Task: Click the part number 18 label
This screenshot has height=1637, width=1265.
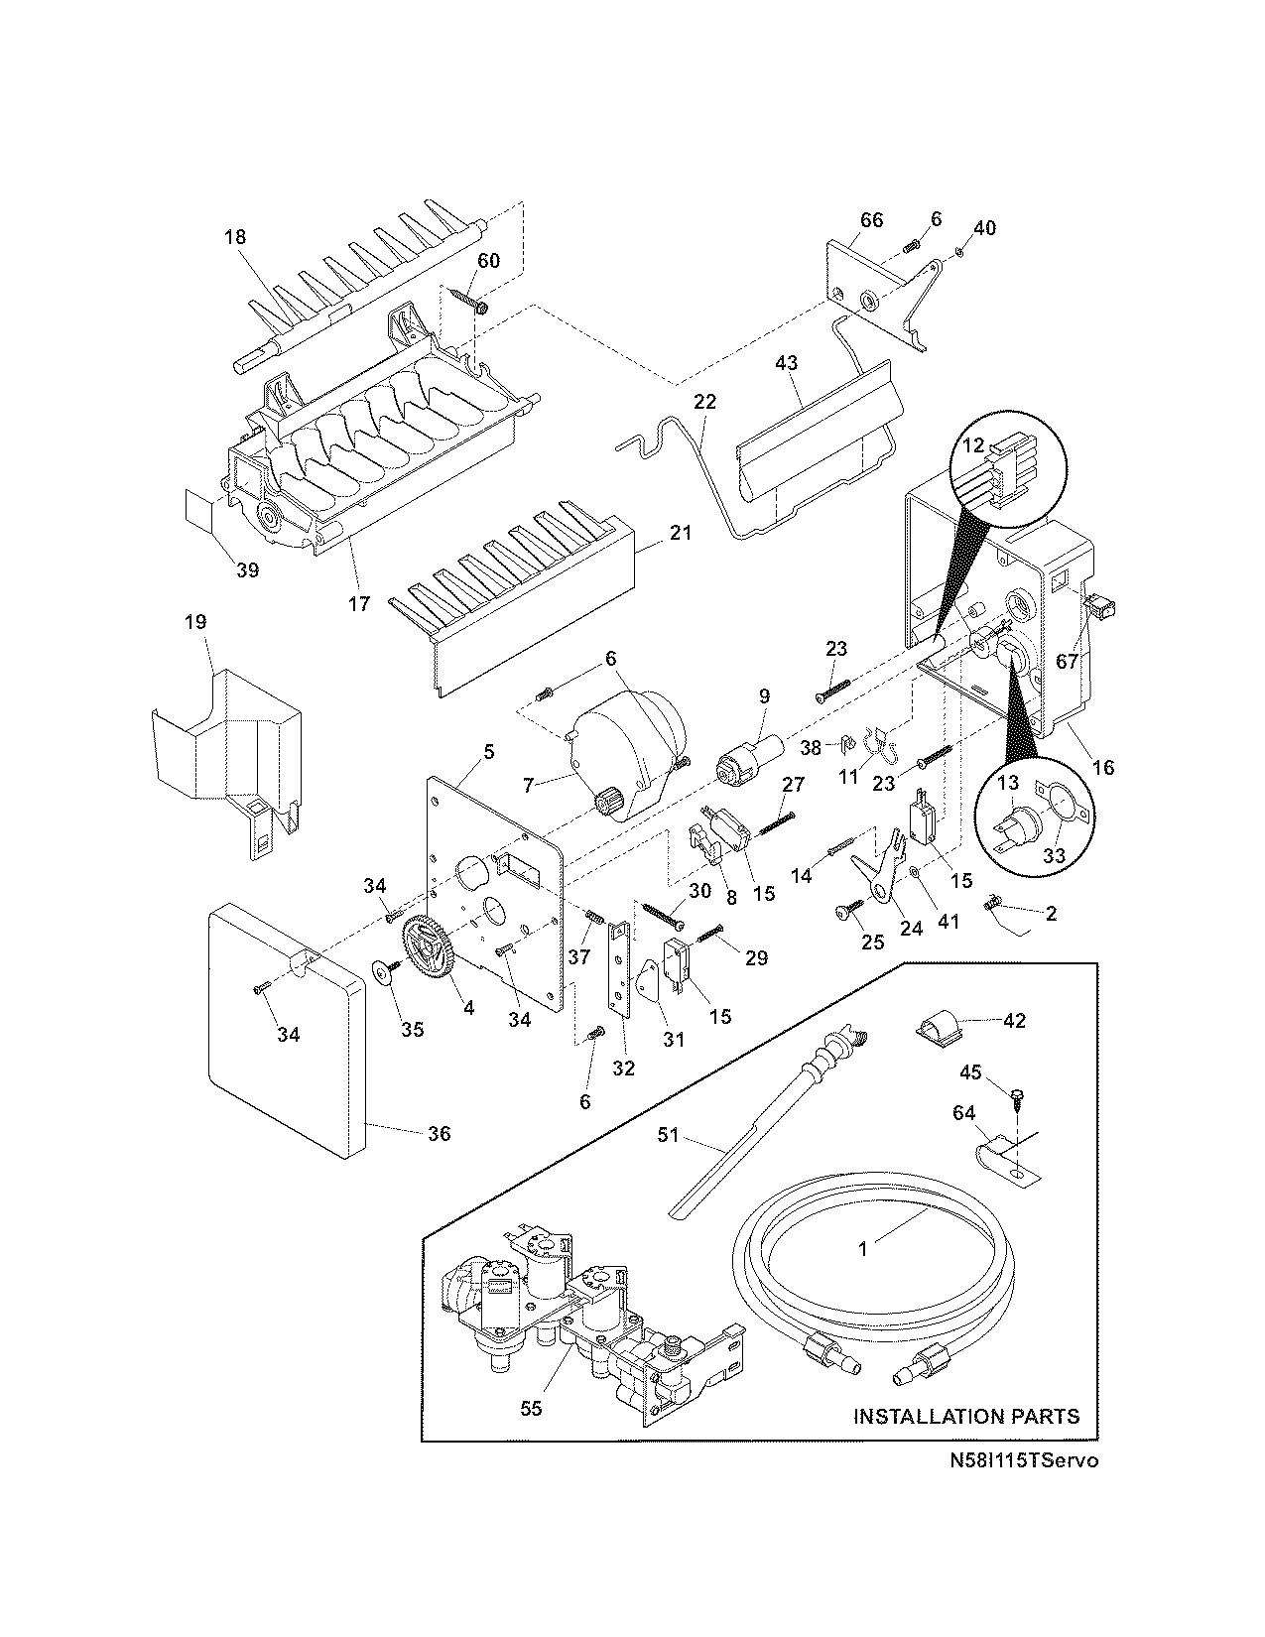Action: coord(235,237)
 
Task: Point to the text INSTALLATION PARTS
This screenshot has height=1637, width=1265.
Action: coord(966,1416)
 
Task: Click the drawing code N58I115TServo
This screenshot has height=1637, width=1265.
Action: coord(1023,1460)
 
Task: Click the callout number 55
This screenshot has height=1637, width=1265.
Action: coord(531,1408)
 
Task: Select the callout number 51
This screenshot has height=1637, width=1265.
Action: coord(669,1135)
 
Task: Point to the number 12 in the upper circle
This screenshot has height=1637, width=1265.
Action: coord(973,445)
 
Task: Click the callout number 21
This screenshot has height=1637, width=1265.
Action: coord(680,533)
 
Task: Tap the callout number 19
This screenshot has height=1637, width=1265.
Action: coord(195,622)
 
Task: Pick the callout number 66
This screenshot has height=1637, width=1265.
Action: coord(870,220)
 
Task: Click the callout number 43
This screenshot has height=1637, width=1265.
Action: coord(785,364)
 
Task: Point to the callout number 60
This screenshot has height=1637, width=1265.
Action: coord(489,260)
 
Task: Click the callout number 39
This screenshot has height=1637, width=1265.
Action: coord(247,569)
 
